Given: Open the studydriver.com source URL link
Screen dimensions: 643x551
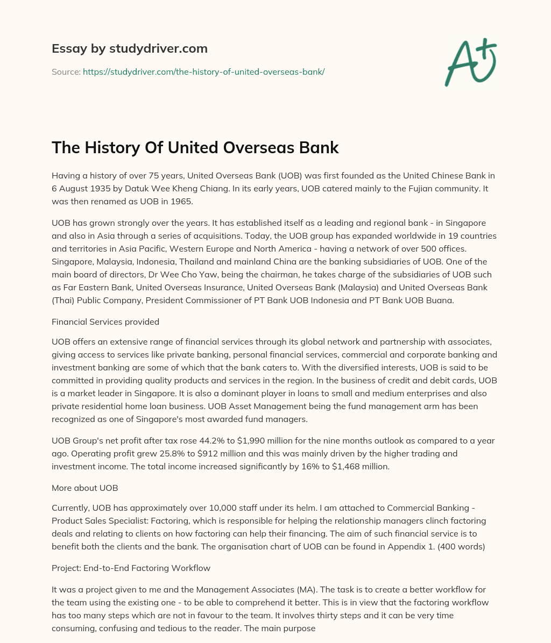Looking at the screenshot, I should (203, 72).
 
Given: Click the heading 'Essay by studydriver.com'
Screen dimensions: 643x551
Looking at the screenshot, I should (129, 48).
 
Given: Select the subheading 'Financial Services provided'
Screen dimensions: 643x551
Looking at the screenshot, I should (105, 321).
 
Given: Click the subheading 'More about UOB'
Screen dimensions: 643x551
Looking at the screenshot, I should (84, 488).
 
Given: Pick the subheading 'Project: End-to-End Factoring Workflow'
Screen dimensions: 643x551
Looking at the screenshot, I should (131, 567).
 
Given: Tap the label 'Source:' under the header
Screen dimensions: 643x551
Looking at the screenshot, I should (66, 72).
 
